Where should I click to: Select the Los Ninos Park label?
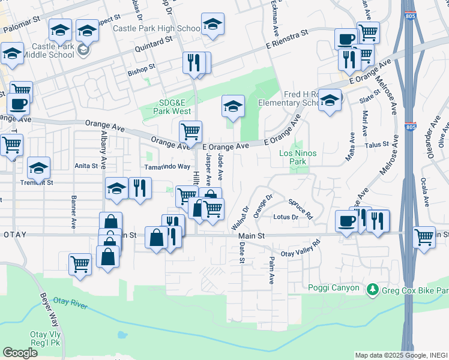tap(298, 157)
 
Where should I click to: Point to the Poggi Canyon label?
tap(334, 288)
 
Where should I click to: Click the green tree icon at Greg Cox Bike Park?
tap(373, 290)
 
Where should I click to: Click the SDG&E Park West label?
tap(167, 106)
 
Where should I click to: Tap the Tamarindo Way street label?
tap(167, 167)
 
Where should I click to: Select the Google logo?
tap(20, 353)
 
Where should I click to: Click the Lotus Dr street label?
tap(286, 217)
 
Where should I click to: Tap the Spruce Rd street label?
tap(300, 208)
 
